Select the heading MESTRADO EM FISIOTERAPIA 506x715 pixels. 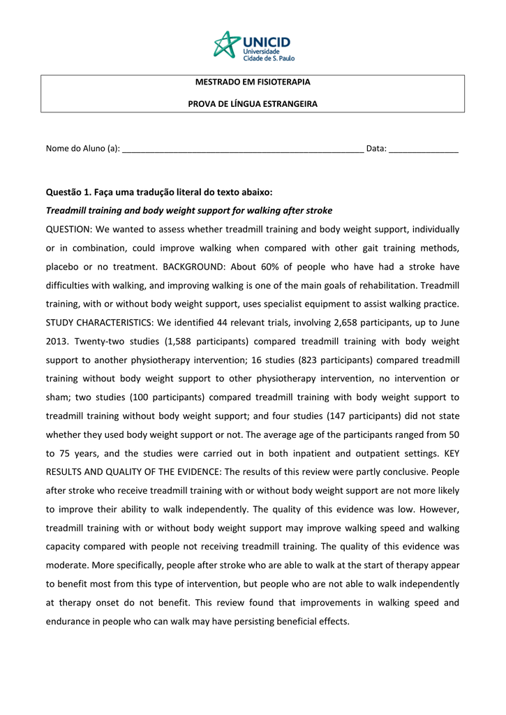point(253,82)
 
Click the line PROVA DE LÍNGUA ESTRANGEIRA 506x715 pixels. point(253,104)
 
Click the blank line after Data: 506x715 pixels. point(424,149)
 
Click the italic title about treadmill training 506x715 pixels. point(189,211)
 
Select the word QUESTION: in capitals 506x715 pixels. point(68,230)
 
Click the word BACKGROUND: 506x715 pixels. point(192,267)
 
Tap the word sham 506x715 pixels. point(57,397)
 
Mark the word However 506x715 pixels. point(438,509)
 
